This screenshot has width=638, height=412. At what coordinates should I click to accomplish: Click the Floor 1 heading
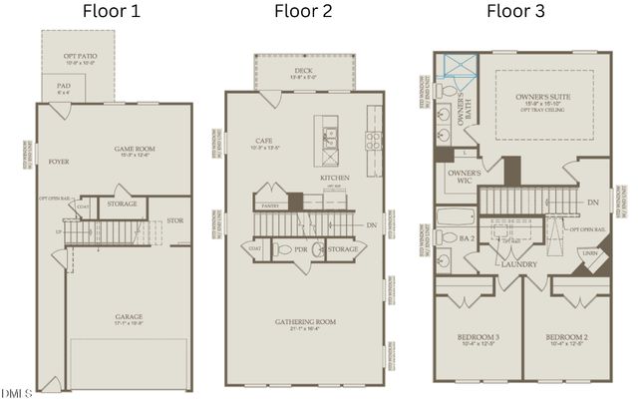click(x=110, y=12)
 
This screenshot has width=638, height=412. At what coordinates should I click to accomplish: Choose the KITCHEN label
click(x=334, y=178)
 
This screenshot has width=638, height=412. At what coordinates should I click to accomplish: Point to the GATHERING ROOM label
click(x=305, y=322)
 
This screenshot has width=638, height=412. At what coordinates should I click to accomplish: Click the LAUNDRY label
click(x=519, y=264)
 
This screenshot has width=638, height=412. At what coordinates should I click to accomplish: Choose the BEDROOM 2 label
click(x=566, y=338)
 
